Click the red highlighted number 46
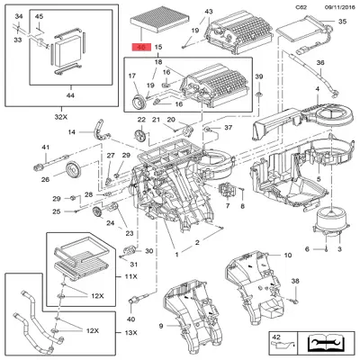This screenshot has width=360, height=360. (140, 46)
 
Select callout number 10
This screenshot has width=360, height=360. (288, 256)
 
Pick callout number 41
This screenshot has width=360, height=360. (44, 148)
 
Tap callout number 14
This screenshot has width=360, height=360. (71, 131)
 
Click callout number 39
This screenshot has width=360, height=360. (259, 76)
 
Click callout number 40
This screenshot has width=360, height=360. (130, 319)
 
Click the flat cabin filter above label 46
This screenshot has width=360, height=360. (148, 25)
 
